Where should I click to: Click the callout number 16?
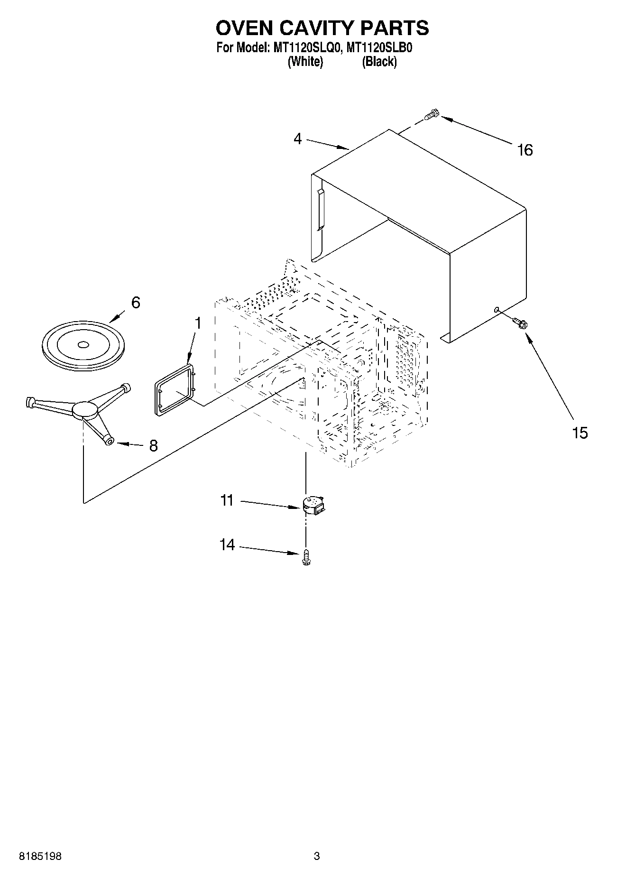click(525, 150)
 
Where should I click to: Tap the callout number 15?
click(580, 433)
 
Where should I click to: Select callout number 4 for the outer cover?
click(297, 138)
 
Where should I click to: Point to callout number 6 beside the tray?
click(136, 303)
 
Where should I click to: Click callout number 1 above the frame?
click(198, 323)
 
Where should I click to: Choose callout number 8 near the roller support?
click(153, 445)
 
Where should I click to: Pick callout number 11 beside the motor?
click(227, 500)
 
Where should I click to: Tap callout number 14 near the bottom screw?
click(227, 545)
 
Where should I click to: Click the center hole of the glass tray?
click(83, 344)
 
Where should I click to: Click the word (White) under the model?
click(305, 62)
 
